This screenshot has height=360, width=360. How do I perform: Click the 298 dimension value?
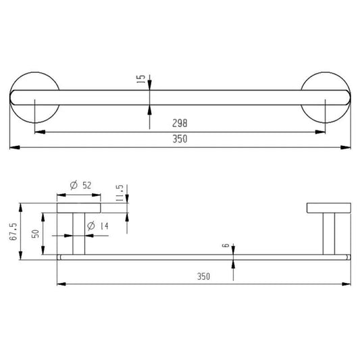click(180, 123)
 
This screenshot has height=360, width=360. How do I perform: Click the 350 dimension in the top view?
click(180, 139)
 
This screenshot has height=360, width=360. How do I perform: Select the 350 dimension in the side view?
click(203, 276)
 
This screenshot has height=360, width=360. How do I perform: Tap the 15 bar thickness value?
click(141, 79)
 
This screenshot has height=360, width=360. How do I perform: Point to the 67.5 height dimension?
click(14, 232)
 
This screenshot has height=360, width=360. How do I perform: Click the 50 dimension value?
click(35, 234)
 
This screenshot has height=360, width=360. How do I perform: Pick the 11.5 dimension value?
click(120, 193)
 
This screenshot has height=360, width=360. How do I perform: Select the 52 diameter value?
click(86, 185)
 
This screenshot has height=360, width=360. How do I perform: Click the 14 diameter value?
click(104, 226)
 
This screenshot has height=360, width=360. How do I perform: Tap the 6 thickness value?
click(226, 245)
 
